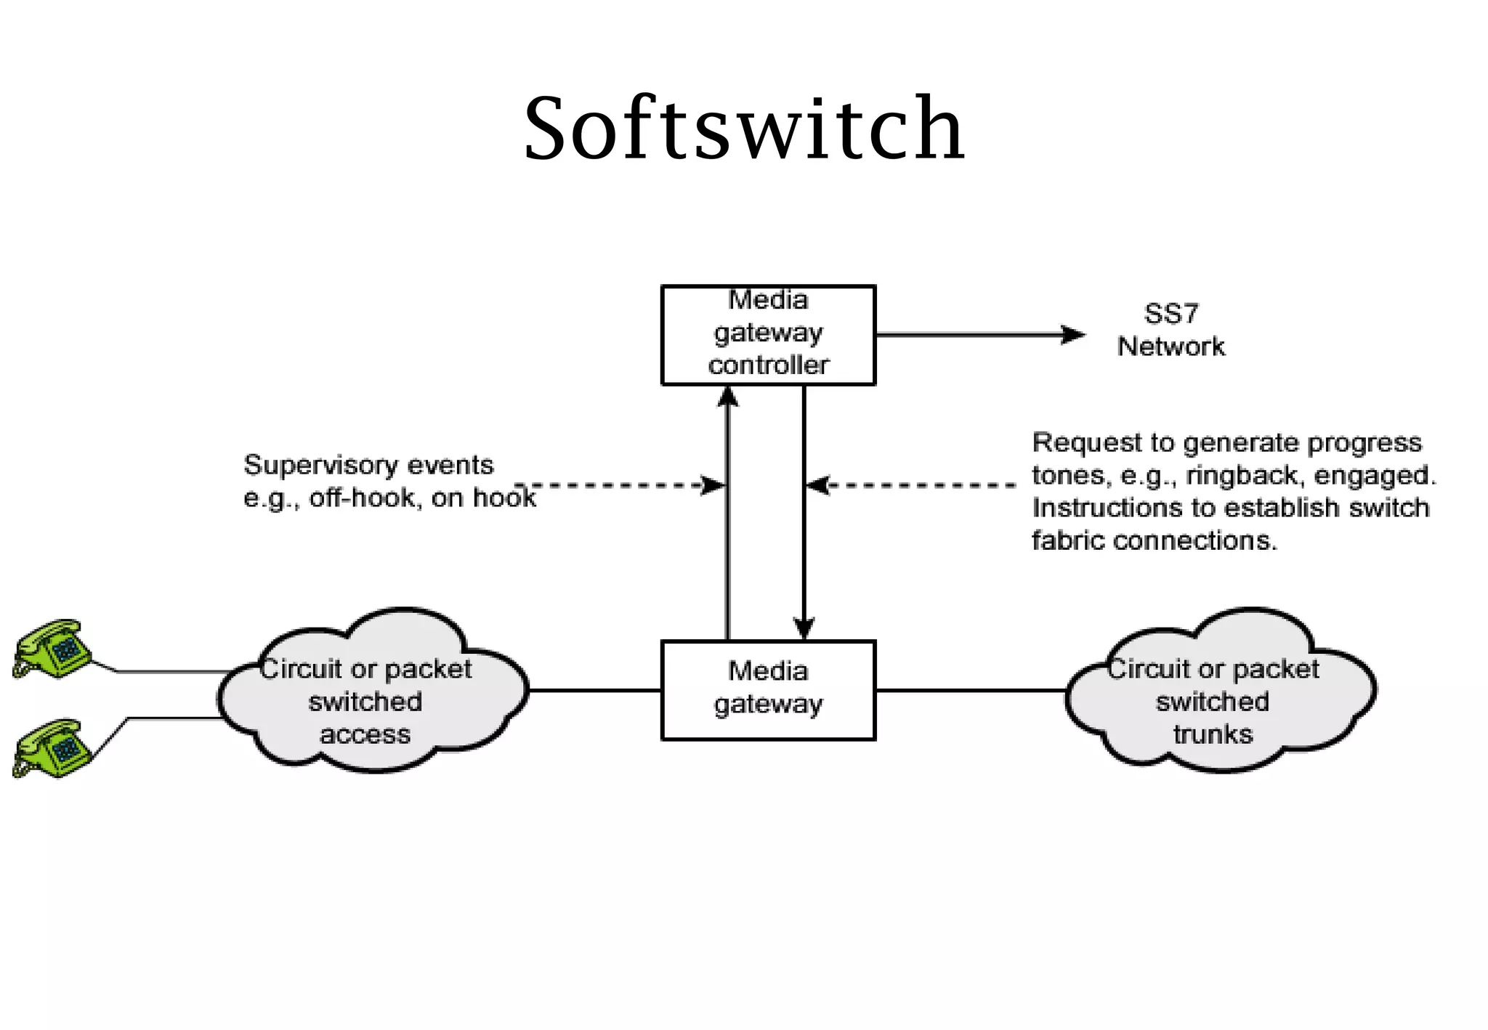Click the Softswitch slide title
(744, 129)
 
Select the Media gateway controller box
(768, 334)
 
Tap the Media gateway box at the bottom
(768, 689)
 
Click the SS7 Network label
(1170, 331)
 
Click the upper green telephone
(52, 649)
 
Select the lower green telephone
(52, 748)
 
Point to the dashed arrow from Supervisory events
(618, 484)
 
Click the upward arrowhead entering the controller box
(728, 397)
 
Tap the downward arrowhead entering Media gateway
(804, 628)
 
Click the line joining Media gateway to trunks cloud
(970, 690)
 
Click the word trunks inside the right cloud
(1213, 734)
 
